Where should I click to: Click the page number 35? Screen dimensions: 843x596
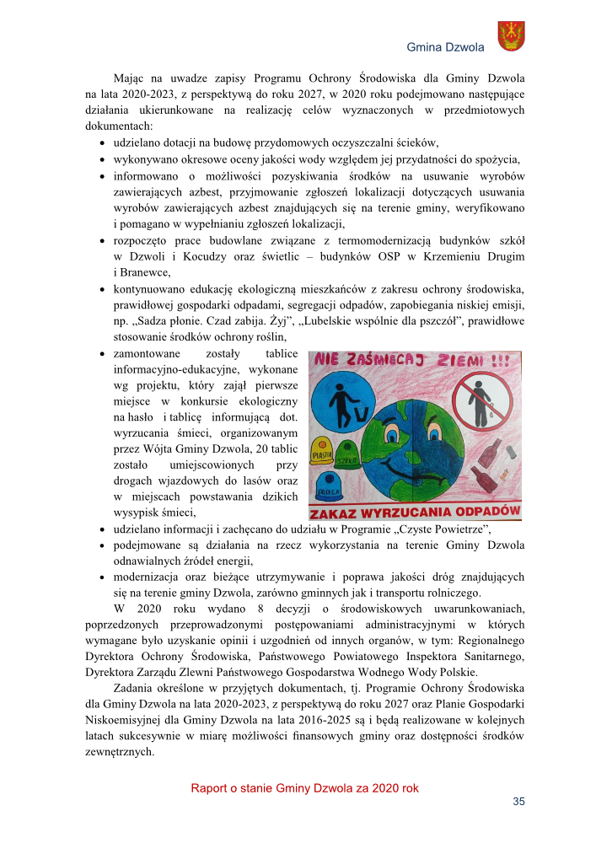[518, 801]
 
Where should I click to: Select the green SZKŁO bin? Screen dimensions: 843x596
[347, 456]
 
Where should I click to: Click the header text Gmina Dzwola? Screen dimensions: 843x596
[446, 47]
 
